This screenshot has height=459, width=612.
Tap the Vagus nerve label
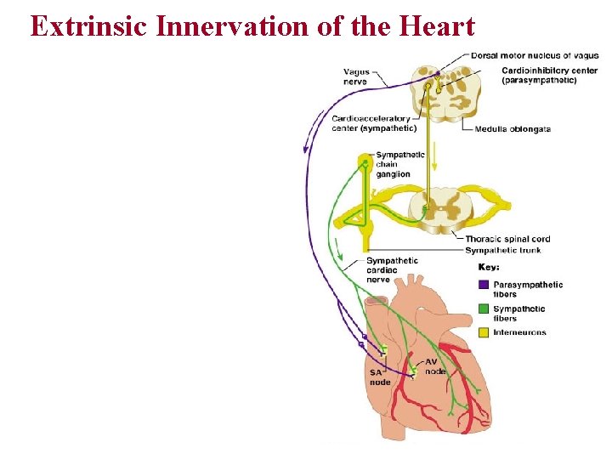pyautogui.click(x=356, y=76)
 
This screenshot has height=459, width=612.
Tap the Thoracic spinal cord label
pyautogui.click(x=507, y=239)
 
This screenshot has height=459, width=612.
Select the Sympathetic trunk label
pyautogui.click(x=503, y=250)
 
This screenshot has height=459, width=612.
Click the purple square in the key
pyautogui.click(x=483, y=285)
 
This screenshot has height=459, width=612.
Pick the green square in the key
pyautogui.click(x=483, y=309)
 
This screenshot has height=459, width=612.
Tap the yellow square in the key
pyautogui.click(x=483, y=332)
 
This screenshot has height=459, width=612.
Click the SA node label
pyautogui.click(x=380, y=377)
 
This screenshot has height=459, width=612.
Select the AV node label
pyautogui.click(x=434, y=366)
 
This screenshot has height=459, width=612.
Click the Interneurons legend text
pyautogui.click(x=519, y=332)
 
